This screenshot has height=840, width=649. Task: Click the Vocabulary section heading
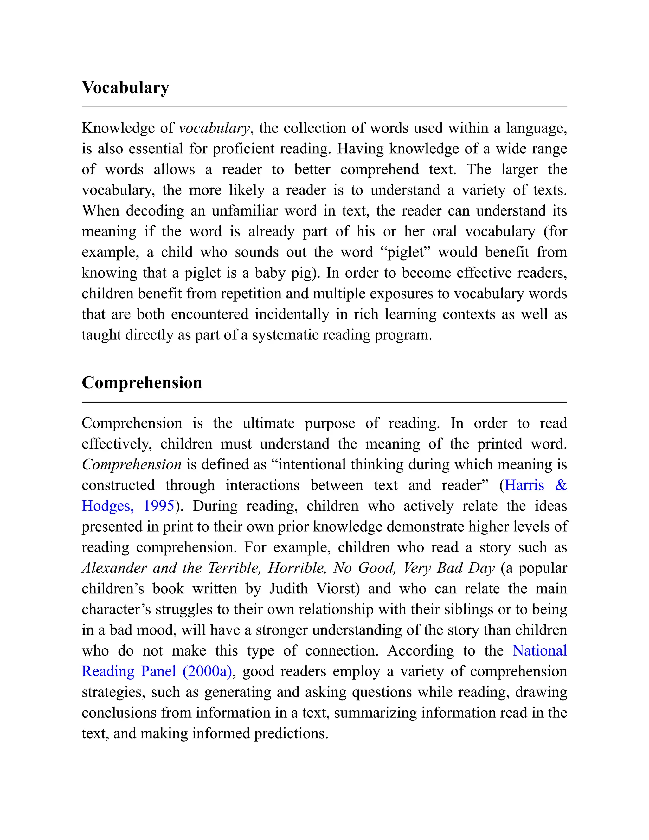pos(125,88)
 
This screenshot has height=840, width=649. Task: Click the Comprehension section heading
pos(142,383)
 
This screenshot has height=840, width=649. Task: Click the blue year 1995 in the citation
pos(159,506)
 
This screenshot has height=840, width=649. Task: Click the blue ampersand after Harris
pos(561,485)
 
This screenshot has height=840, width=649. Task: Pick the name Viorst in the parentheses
pos(337,588)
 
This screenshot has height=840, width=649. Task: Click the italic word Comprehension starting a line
pos(132,465)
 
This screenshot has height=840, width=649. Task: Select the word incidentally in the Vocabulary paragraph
pos(292,314)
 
